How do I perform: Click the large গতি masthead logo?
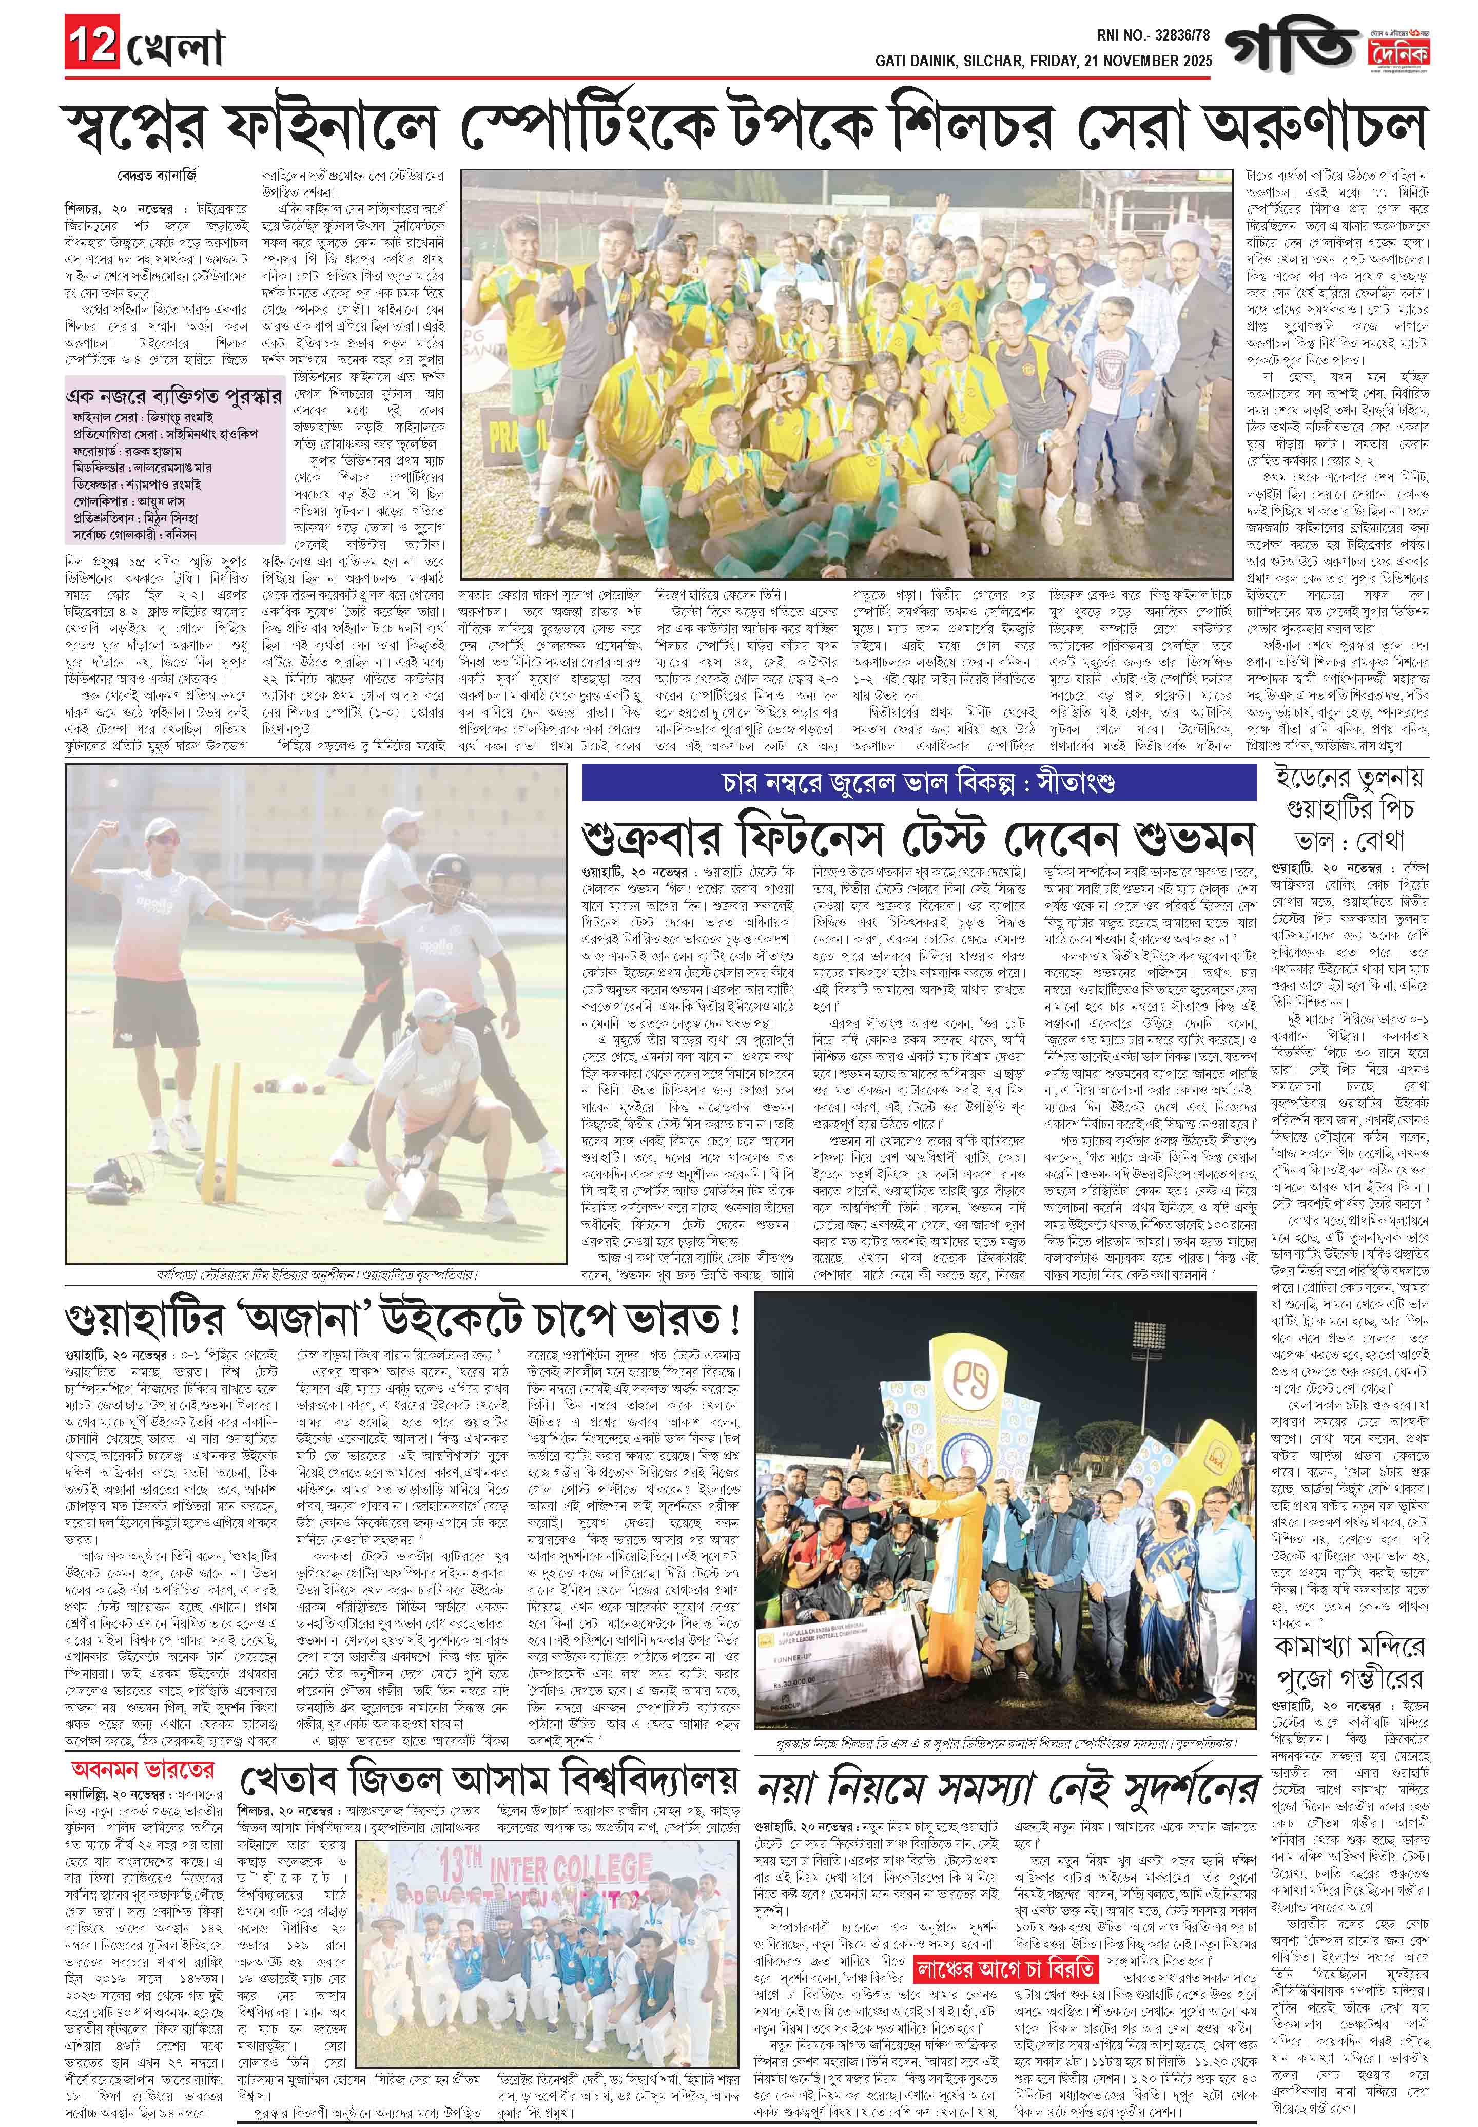pos(1290,45)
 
